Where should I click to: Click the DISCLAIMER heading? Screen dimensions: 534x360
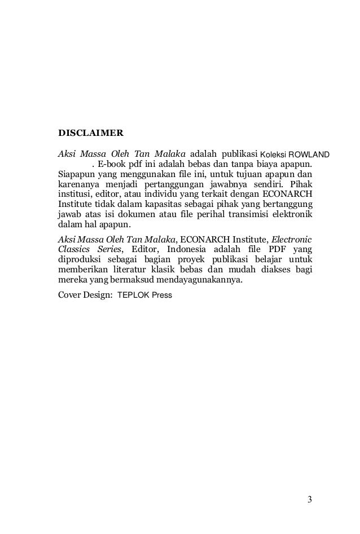coord(91,134)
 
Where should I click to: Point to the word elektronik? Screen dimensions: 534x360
coord(292,214)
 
